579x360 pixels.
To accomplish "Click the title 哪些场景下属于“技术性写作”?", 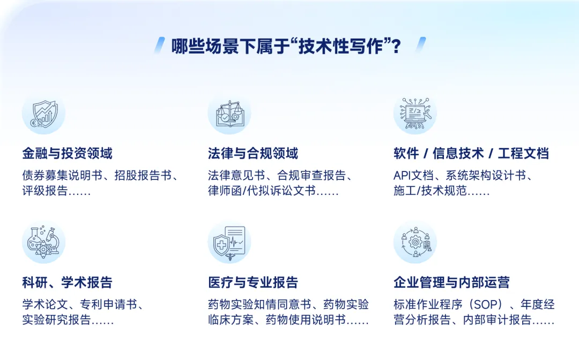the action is tap(286, 47).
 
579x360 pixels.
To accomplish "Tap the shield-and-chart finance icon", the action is tap(43, 114).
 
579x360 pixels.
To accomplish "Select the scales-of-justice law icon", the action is tap(229, 114).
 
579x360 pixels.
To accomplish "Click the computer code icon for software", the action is tap(415, 114).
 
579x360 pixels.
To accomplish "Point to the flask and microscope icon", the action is tap(43, 242).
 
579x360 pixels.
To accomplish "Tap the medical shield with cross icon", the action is tap(229, 242).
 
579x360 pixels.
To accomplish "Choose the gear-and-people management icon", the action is tap(415, 242).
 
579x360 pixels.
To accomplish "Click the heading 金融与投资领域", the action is tap(67, 153).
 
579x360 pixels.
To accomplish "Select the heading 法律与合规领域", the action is tap(253, 153).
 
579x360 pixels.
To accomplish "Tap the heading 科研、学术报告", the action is tap(67, 282).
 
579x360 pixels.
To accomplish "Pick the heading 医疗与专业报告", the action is tap(253, 282).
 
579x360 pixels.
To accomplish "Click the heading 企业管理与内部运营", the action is tap(451, 282).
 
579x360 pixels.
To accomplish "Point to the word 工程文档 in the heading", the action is tap(523, 153).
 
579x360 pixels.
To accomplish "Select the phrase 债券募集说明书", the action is tap(62, 175).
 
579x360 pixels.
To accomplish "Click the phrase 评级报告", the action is tap(45, 191).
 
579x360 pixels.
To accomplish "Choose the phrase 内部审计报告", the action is tap(497, 320).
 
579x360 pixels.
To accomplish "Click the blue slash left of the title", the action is tap(160, 45).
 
